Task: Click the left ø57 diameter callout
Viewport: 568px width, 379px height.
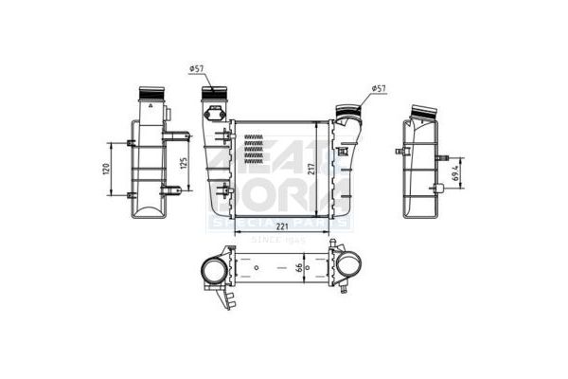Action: (x=198, y=68)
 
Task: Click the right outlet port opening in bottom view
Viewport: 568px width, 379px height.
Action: (x=348, y=267)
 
